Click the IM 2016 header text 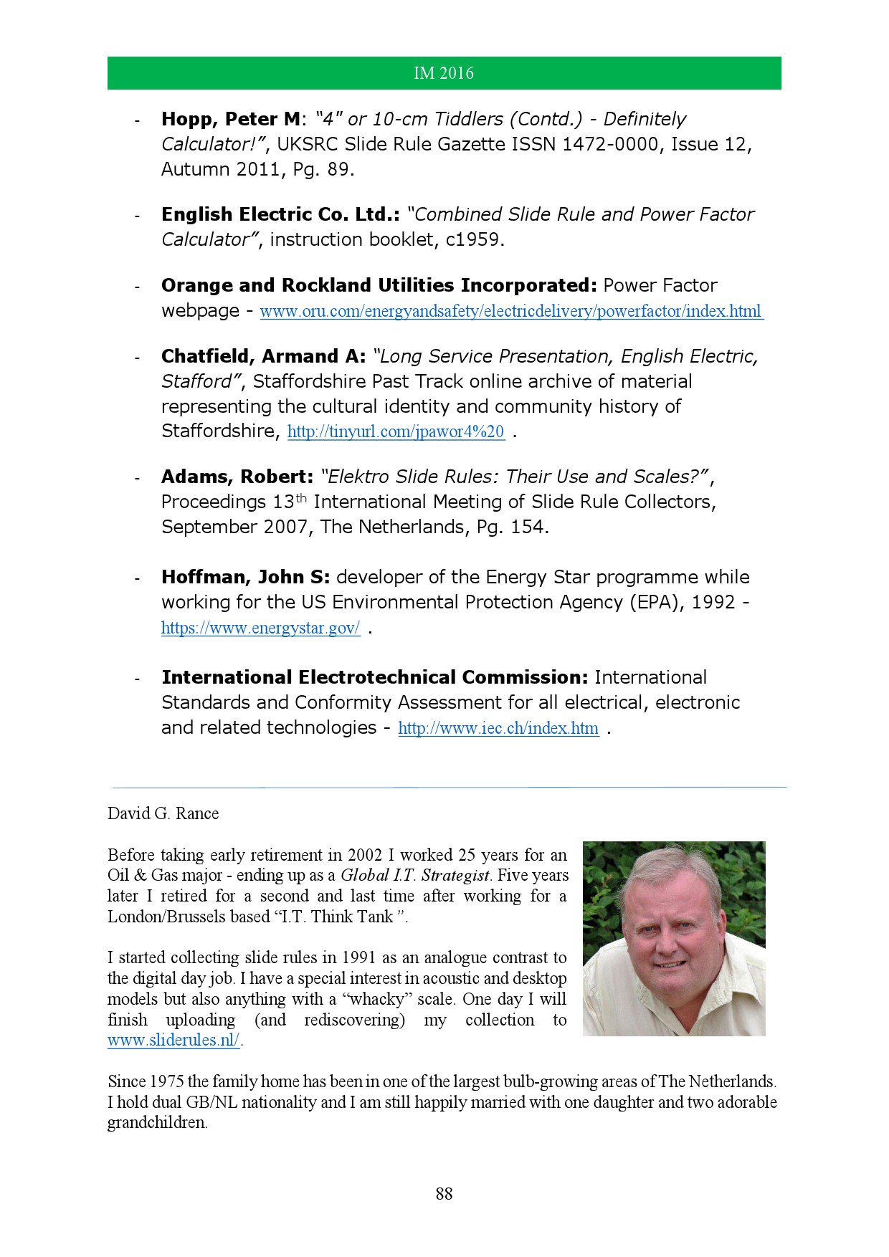tap(444, 73)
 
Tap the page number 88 tap(444, 1193)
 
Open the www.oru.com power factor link tap(510, 312)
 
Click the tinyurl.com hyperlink tap(396, 431)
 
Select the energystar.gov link tap(260, 628)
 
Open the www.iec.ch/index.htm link tap(498, 729)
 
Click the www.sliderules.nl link tap(174, 1041)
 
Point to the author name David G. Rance tap(163, 813)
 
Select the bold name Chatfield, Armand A tap(263, 356)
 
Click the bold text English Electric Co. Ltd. tap(280, 214)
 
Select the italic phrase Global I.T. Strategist tap(415, 875)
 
